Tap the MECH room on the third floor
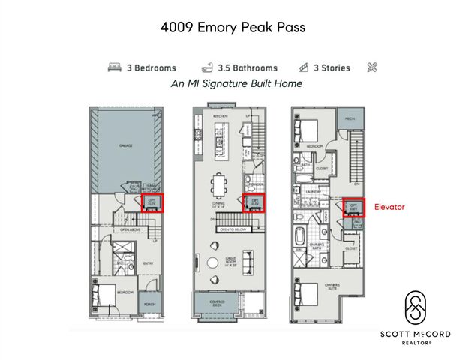point(350,119)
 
